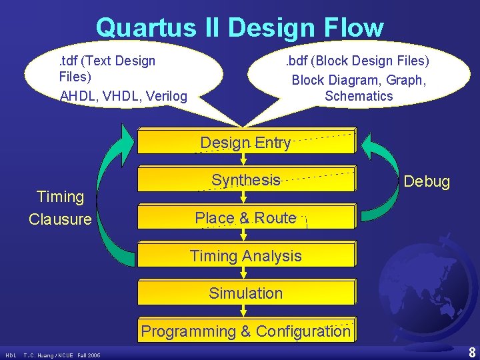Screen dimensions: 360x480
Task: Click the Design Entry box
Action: [x=245, y=142]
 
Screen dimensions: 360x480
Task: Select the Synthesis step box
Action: [x=245, y=179]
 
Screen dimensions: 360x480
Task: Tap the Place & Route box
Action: [x=245, y=218]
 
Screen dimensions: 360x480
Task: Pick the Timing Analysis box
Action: [x=245, y=255]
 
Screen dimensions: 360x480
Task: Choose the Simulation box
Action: [x=245, y=293]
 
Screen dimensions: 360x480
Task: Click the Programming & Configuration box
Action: [x=245, y=331]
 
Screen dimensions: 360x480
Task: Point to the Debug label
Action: [x=427, y=181]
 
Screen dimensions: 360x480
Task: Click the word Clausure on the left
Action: [x=60, y=219]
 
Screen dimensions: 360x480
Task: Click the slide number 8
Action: [x=472, y=353]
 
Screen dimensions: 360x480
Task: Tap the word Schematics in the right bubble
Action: [x=359, y=96]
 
